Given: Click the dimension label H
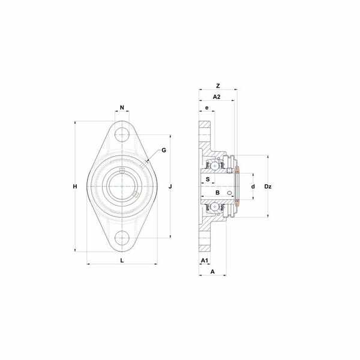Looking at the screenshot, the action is (75, 187).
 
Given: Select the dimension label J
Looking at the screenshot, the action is (170, 187).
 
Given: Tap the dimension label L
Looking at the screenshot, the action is (122, 260).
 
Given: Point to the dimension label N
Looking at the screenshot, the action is (122, 107).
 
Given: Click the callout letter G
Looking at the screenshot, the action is (164, 150).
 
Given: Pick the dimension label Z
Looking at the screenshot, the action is (218, 86).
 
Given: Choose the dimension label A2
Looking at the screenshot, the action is (217, 97).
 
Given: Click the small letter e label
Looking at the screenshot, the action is (207, 107).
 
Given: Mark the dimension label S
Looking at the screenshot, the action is (208, 179).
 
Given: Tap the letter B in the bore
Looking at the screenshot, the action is (217, 193).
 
